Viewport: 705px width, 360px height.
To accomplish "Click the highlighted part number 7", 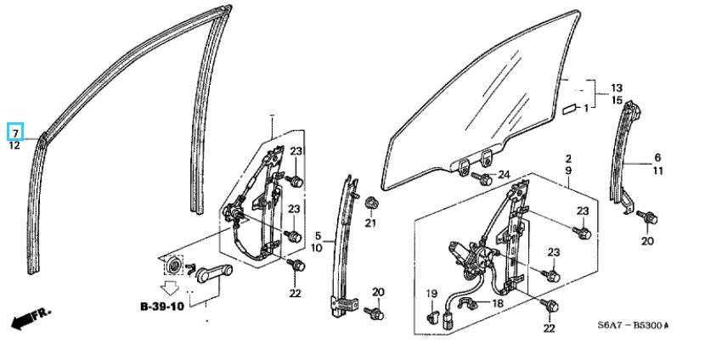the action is pyautogui.click(x=15, y=133).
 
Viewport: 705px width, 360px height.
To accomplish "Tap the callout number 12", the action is pyautogui.click(x=14, y=146).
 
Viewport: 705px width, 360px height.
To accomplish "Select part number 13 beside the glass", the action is pyautogui.click(x=617, y=88).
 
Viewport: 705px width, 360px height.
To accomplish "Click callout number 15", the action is pyautogui.click(x=617, y=99).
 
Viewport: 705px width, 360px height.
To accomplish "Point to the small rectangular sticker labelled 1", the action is pyautogui.click(x=570, y=109).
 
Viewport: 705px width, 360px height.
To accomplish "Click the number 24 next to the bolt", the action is pyautogui.click(x=504, y=174).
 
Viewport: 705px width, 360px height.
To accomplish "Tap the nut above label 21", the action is pyautogui.click(x=371, y=203).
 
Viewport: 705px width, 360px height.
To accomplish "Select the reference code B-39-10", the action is pyautogui.click(x=162, y=307).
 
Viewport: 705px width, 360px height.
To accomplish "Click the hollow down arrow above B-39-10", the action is pyautogui.click(x=170, y=288).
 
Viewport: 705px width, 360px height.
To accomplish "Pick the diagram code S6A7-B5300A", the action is pyautogui.click(x=633, y=325).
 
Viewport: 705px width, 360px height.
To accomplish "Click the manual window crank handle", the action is pyautogui.click(x=214, y=273).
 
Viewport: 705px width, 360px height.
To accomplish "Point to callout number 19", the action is pyautogui.click(x=431, y=294).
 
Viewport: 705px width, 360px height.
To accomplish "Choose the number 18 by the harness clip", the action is pyautogui.click(x=498, y=303).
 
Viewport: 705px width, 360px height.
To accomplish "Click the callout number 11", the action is pyautogui.click(x=657, y=171).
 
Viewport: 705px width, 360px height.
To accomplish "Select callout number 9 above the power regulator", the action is pyautogui.click(x=568, y=171).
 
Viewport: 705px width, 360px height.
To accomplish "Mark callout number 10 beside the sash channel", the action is pyautogui.click(x=317, y=248).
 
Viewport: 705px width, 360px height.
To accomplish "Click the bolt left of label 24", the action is pyautogui.click(x=482, y=179).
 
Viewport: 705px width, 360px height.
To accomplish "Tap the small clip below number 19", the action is pyautogui.click(x=431, y=317).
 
